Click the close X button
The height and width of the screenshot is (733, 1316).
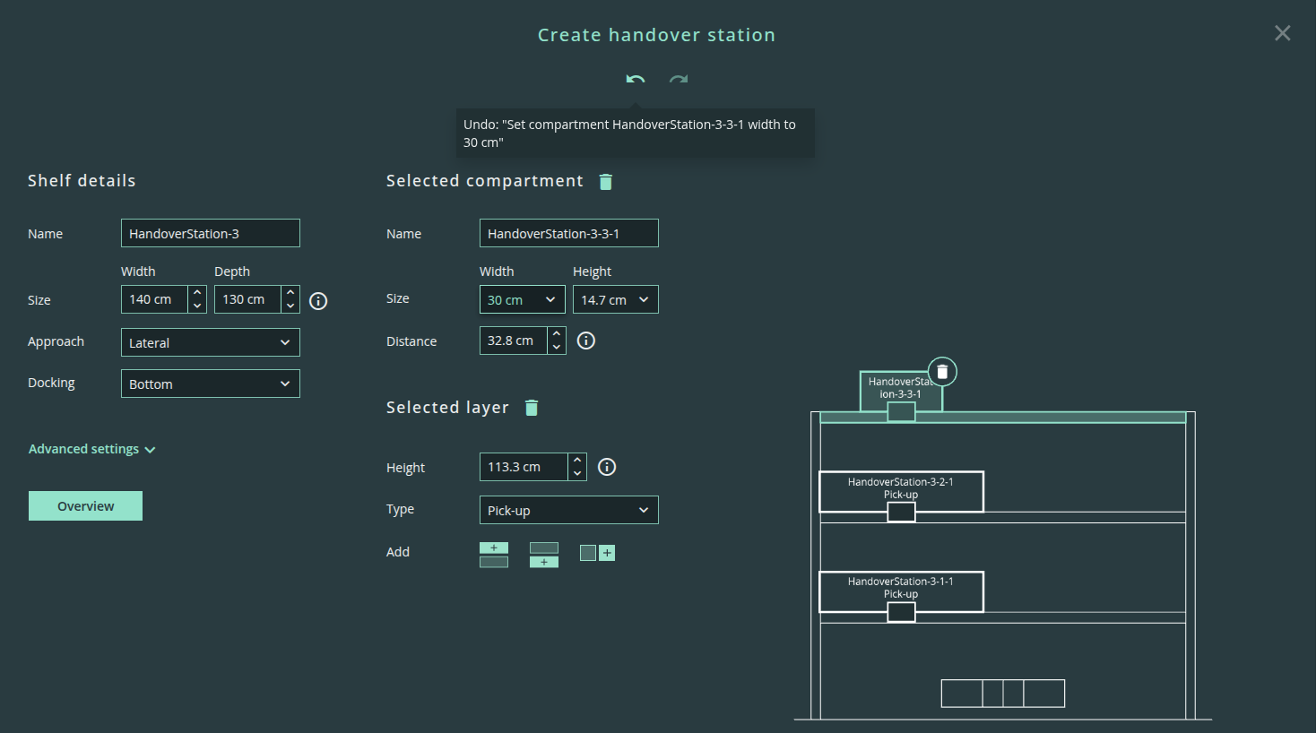coord(1283,33)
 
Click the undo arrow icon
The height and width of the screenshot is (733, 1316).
coord(635,79)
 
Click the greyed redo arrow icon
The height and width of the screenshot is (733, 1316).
coord(679,79)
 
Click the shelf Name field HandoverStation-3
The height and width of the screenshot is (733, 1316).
coord(211,233)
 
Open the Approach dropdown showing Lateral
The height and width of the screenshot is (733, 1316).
coord(211,342)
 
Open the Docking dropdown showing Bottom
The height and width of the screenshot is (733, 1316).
coord(211,384)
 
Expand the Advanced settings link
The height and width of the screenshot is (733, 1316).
coord(91,449)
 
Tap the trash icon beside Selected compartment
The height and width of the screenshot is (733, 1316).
coord(606,182)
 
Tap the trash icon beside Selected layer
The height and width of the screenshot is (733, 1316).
coord(532,408)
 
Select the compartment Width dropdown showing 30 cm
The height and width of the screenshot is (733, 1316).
coord(523,299)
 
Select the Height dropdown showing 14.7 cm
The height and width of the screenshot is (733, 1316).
coord(616,299)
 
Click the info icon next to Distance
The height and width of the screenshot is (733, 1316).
coord(585,341)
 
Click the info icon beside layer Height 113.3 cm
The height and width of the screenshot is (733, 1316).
coord(607,467)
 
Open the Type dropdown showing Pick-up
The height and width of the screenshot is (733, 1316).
coord(568,510)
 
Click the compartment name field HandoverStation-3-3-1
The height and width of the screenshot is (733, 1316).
coord(568,233)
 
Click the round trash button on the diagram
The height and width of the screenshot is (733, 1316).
coord(942,372)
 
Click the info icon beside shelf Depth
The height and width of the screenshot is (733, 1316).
coord(318,301)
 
